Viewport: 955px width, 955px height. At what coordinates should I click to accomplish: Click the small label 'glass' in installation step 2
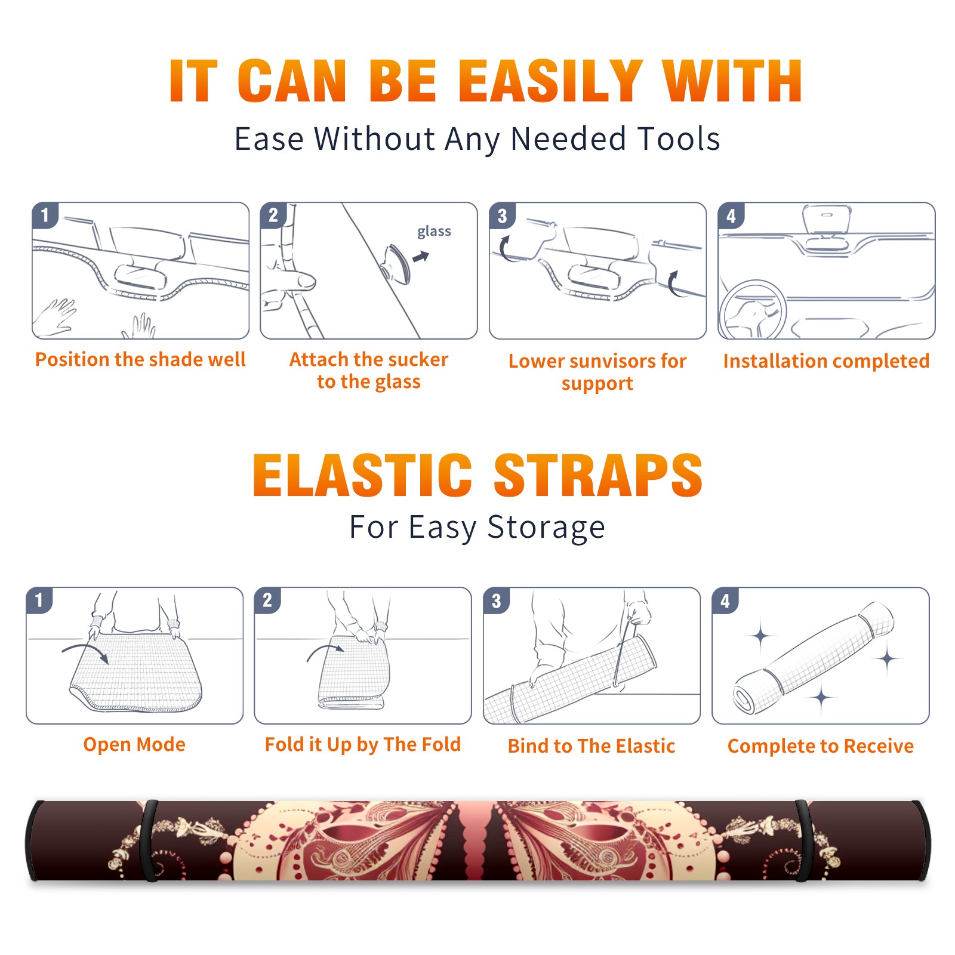pos(434,232)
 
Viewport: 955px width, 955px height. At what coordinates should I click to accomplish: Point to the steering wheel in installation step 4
pos(753,310)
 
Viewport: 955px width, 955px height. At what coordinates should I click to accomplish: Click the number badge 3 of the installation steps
pos(502,215)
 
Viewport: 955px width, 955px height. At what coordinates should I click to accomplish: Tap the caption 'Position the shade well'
pos(140,359)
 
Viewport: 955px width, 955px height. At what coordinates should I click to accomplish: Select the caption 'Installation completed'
pos(826,361)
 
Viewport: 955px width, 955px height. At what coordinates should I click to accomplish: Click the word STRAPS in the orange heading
pos(598,475)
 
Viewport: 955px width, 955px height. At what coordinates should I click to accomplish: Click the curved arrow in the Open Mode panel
pos(85,651)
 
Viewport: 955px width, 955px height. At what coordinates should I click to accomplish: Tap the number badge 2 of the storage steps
pos(267,600)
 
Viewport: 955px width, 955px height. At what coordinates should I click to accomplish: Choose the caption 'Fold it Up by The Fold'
pos(363,745)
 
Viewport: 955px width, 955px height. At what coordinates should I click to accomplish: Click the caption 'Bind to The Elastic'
pos(592,746)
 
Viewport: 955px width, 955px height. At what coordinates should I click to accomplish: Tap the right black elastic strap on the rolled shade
pos(803,840)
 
